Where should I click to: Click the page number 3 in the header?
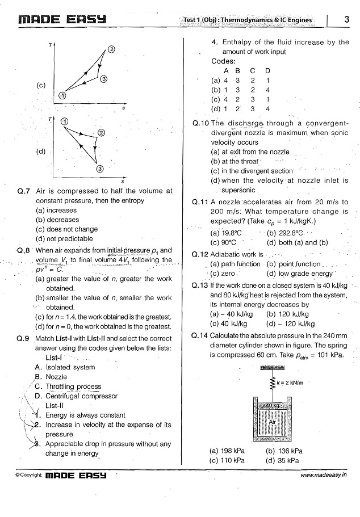point(346,20)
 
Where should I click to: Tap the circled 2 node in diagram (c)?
point(111,49)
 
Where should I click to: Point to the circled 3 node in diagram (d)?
point(100,169)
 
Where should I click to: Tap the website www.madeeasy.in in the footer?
point(324,474)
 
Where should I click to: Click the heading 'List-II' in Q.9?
point(56,406)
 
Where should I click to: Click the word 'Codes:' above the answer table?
point(223,61)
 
